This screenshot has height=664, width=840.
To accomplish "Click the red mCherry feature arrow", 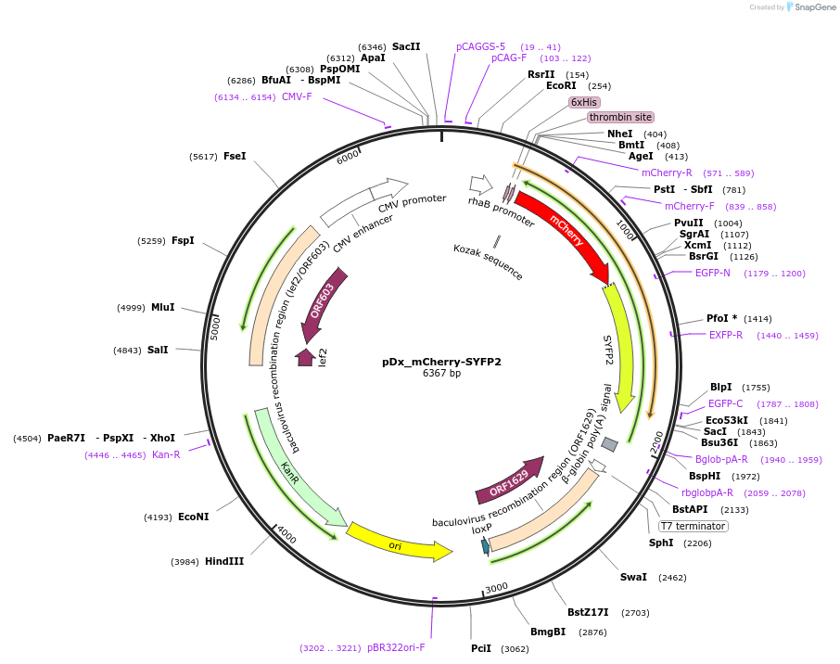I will click(x=561, y=233).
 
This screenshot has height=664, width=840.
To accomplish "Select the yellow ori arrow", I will click(x=397, y=542).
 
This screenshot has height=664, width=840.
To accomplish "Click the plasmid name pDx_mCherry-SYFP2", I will click(x=441, y=362).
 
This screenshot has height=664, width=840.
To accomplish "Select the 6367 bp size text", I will click(x=441, y=374).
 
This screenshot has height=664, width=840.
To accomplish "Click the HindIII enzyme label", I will click(x=224, y=561).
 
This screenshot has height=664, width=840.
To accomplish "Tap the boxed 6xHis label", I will click(x=584, y=102).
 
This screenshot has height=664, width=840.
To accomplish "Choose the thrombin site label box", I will click(x=620, y=117).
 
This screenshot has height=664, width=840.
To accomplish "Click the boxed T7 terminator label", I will click(x=694, y=526).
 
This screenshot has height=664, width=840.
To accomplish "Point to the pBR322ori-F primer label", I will click(x=396, y=647).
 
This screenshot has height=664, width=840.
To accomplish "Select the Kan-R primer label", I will click(x=166, y=454).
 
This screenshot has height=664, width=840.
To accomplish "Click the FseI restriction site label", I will click(x=235, y=156).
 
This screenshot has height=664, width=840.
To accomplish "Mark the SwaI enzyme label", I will click(x=633, y=577).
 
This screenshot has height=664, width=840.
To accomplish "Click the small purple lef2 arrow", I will click(x=305, y=357).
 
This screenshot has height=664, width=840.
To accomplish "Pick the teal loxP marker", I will click(x=485, y=546).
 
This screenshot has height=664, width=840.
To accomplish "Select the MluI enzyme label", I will click(x=162, y=307).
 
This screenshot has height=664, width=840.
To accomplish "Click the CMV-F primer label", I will click(x=297, y=96).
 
